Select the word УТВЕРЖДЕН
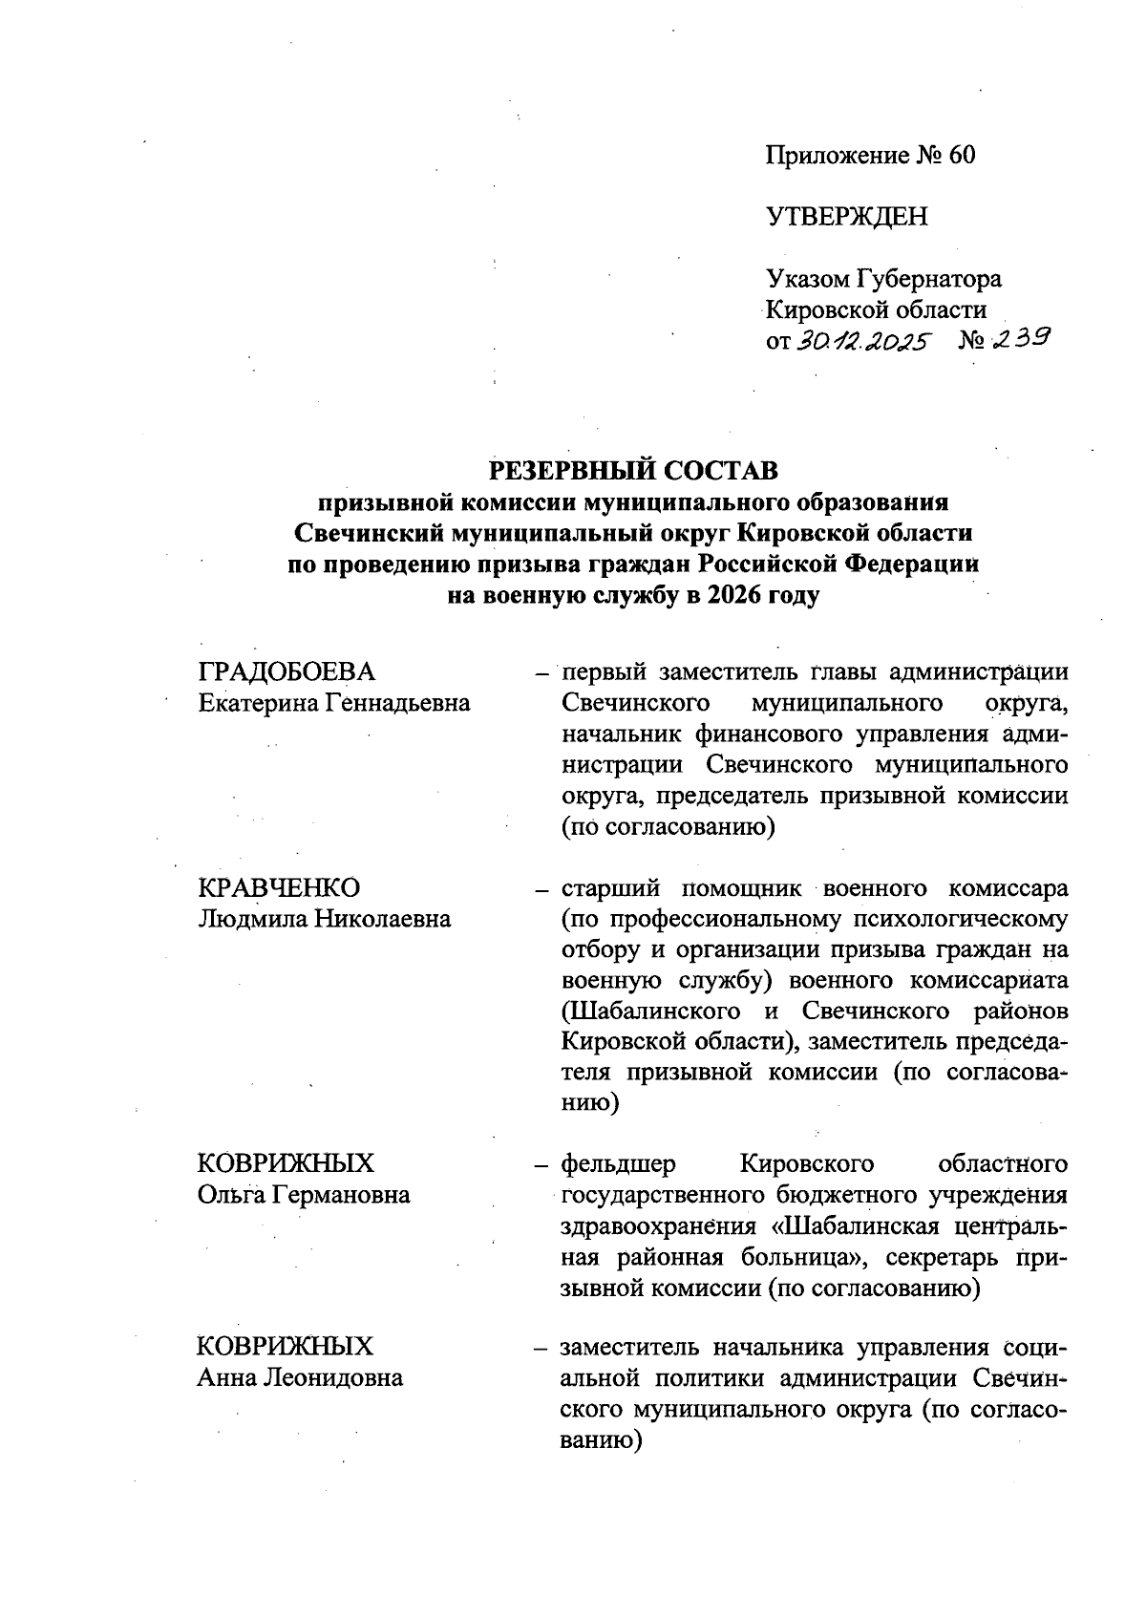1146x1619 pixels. (x=846, y=217)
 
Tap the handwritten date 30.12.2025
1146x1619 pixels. (x=861, y=341)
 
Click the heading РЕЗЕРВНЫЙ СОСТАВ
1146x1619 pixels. (x=633, y=470)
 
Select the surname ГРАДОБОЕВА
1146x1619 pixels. (x=286, y=671)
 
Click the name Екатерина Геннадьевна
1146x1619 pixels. (x=334, y=704)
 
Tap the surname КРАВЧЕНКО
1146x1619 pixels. (x=279, y=887)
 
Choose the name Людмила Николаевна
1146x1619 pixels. (x=325, y=919)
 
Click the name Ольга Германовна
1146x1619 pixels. (x=304, y=1194)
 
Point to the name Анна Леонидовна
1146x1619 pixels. (x=300, y=1377)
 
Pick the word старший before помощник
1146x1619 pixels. (x=610, y=888)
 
